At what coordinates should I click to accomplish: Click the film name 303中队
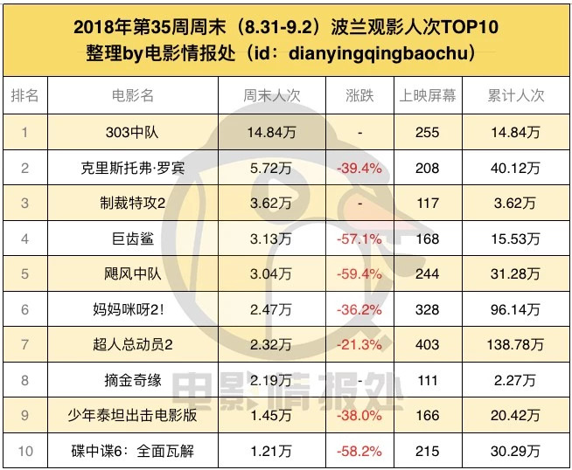tap(131, 132)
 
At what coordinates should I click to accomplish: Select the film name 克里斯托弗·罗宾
tap(131, 168)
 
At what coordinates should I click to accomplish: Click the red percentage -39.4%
tap(360, 168)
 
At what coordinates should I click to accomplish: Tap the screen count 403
tap(428, 345)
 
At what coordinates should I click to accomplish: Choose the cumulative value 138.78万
tap(515, 345)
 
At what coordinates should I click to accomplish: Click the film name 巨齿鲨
tap(131, 238)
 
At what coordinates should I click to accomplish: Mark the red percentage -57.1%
tap(360, 238)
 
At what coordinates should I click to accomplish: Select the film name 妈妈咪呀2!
tap(131, 309)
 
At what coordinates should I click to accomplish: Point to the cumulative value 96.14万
tap(515, 309)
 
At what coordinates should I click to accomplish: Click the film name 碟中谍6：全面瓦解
tap(131, 452)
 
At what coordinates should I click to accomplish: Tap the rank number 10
tap(24, 452)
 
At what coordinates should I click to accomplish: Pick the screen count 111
tap(428, 380)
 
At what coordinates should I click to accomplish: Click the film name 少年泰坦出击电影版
tap(131, 416)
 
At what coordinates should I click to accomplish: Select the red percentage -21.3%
tap(360, 345)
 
